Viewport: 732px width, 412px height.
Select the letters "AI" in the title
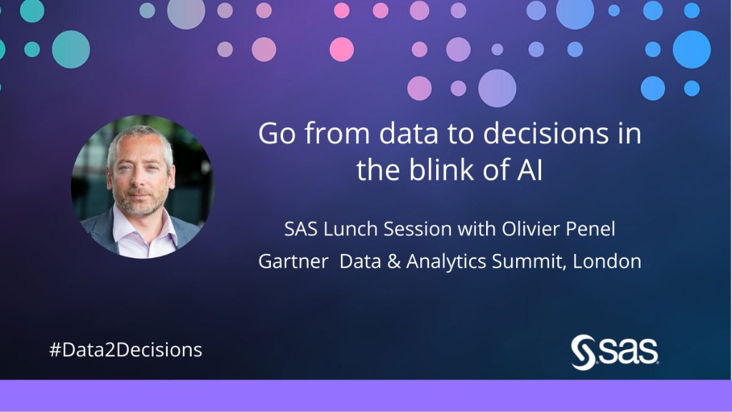(530, 172)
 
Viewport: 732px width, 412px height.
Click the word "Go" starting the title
(276, 135)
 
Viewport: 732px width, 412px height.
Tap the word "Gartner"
(293, 262)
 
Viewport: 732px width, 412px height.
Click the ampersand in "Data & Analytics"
(393, 262)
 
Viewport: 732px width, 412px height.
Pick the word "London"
(608, 262)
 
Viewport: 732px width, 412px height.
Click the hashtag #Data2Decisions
(125, 350)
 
